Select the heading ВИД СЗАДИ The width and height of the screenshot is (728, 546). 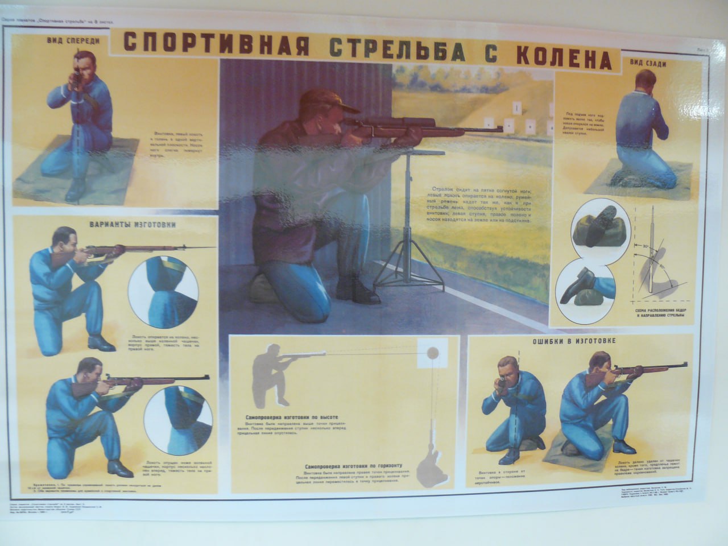[x=647, y=64]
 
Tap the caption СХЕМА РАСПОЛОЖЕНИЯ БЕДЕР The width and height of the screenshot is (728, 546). [x=659, y=310]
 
